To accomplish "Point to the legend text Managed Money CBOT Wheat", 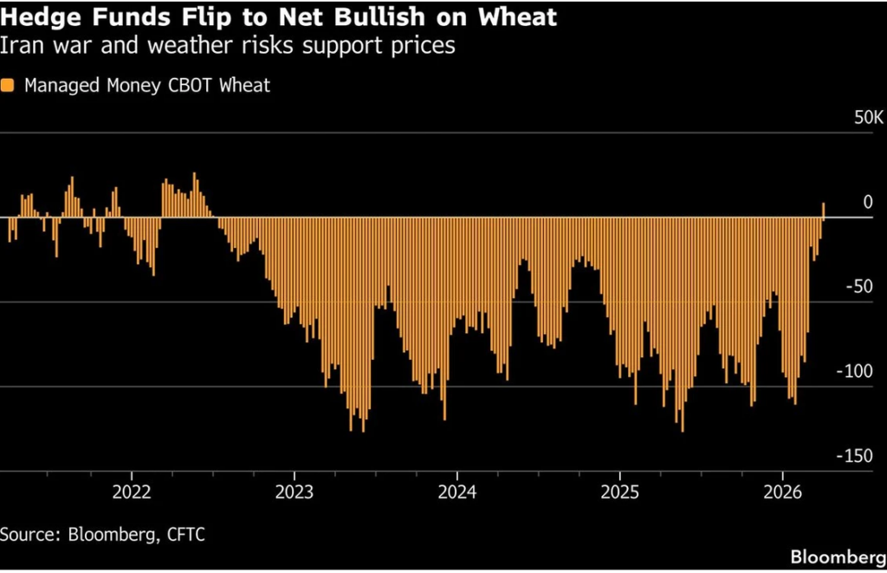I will tap(147, 85).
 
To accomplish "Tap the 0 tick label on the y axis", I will tap(868, 202).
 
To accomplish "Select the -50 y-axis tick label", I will tap(860, 287).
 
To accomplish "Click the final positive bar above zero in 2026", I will tap(824, 210).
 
